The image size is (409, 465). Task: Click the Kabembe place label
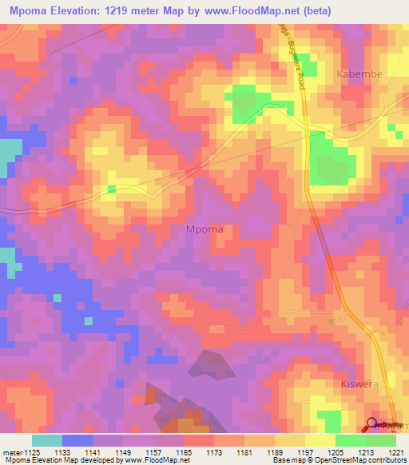359,74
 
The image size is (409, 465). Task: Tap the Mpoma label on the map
204,229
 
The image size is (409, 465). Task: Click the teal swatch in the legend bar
47,440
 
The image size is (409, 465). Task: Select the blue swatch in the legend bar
77,440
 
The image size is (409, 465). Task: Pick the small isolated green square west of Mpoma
112,189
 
